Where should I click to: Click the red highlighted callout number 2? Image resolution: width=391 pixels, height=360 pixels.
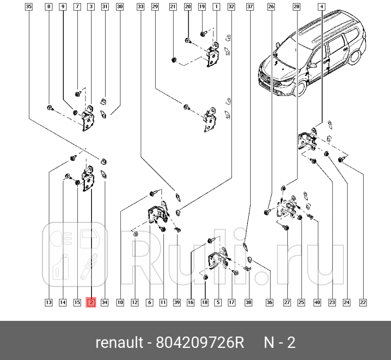click(x=91, y=302)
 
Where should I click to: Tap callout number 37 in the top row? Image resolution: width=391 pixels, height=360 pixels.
click(x=250, y=6)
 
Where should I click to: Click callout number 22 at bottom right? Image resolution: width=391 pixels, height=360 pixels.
click(x=363, y=302)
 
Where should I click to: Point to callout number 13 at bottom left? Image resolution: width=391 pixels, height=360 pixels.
click(x=48, y=302)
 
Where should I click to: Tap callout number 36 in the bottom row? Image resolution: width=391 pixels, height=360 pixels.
click(x=270, y=302)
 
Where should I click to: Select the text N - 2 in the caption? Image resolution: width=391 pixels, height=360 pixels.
click(x=279, y=343)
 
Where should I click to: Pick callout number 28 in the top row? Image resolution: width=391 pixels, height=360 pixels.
click(x=296, y=6)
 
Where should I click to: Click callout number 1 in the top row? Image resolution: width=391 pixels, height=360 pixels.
click(x=216, y=6)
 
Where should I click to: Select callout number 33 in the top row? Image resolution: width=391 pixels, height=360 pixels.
click(x=140, y=6)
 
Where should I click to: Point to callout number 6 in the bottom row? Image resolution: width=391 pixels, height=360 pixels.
click(x=149, y=302)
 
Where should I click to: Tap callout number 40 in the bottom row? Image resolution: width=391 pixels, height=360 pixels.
click(x=317, y=302)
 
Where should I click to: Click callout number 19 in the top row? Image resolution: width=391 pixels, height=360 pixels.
click(x=202, y=6)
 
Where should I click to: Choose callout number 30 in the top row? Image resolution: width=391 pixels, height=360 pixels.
click(x=120, y=6)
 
